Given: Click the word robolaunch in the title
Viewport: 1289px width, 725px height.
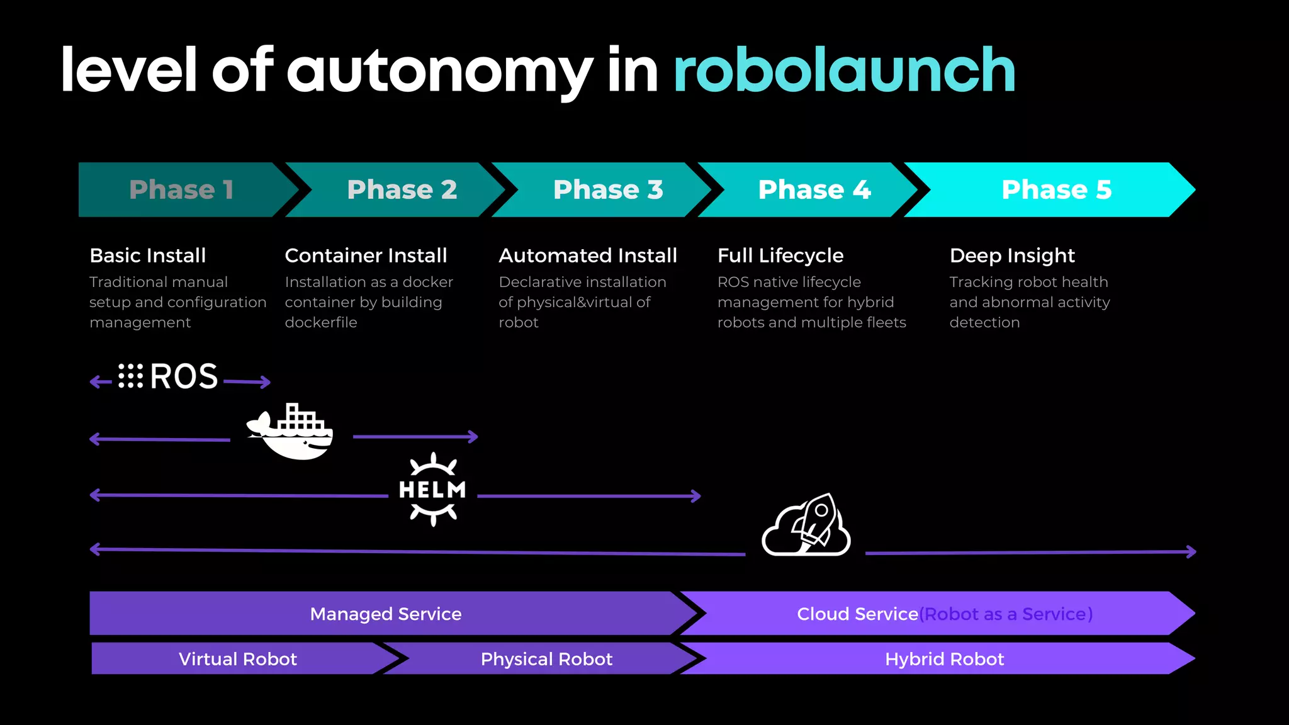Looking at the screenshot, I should click(844, 70).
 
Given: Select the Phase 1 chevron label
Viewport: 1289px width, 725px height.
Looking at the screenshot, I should click(181, 189).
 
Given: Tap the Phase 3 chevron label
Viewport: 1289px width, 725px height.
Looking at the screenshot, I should click(608, 189).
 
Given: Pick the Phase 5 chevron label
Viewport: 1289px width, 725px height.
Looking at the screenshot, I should click(1056, 189).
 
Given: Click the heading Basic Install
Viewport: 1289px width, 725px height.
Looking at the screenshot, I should click(148, 256).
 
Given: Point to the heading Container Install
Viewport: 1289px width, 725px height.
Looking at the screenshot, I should click(366, 256).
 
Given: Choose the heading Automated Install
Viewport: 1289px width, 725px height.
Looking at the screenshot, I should click(588, 256).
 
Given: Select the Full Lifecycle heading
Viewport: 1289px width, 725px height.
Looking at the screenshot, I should click(780, 256).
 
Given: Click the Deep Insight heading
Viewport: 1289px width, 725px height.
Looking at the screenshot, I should click(1012, 256).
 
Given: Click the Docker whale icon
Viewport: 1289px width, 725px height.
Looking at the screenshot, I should click(291, 433).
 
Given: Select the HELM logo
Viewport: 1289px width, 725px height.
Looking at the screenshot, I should click(432, 490).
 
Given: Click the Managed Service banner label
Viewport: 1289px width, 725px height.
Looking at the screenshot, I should click(386, 614).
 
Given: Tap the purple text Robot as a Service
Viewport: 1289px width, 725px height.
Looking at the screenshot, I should click(1006, 614).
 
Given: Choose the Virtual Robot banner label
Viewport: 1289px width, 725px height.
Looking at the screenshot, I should click(237, 659).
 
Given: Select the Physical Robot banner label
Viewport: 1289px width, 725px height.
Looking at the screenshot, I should click(546, 659).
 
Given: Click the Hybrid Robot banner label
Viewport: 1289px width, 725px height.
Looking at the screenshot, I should click(944, 659).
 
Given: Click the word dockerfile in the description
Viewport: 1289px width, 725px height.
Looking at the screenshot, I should click(321, 322).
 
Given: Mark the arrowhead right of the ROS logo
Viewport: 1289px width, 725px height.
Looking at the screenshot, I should click(267, 381).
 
